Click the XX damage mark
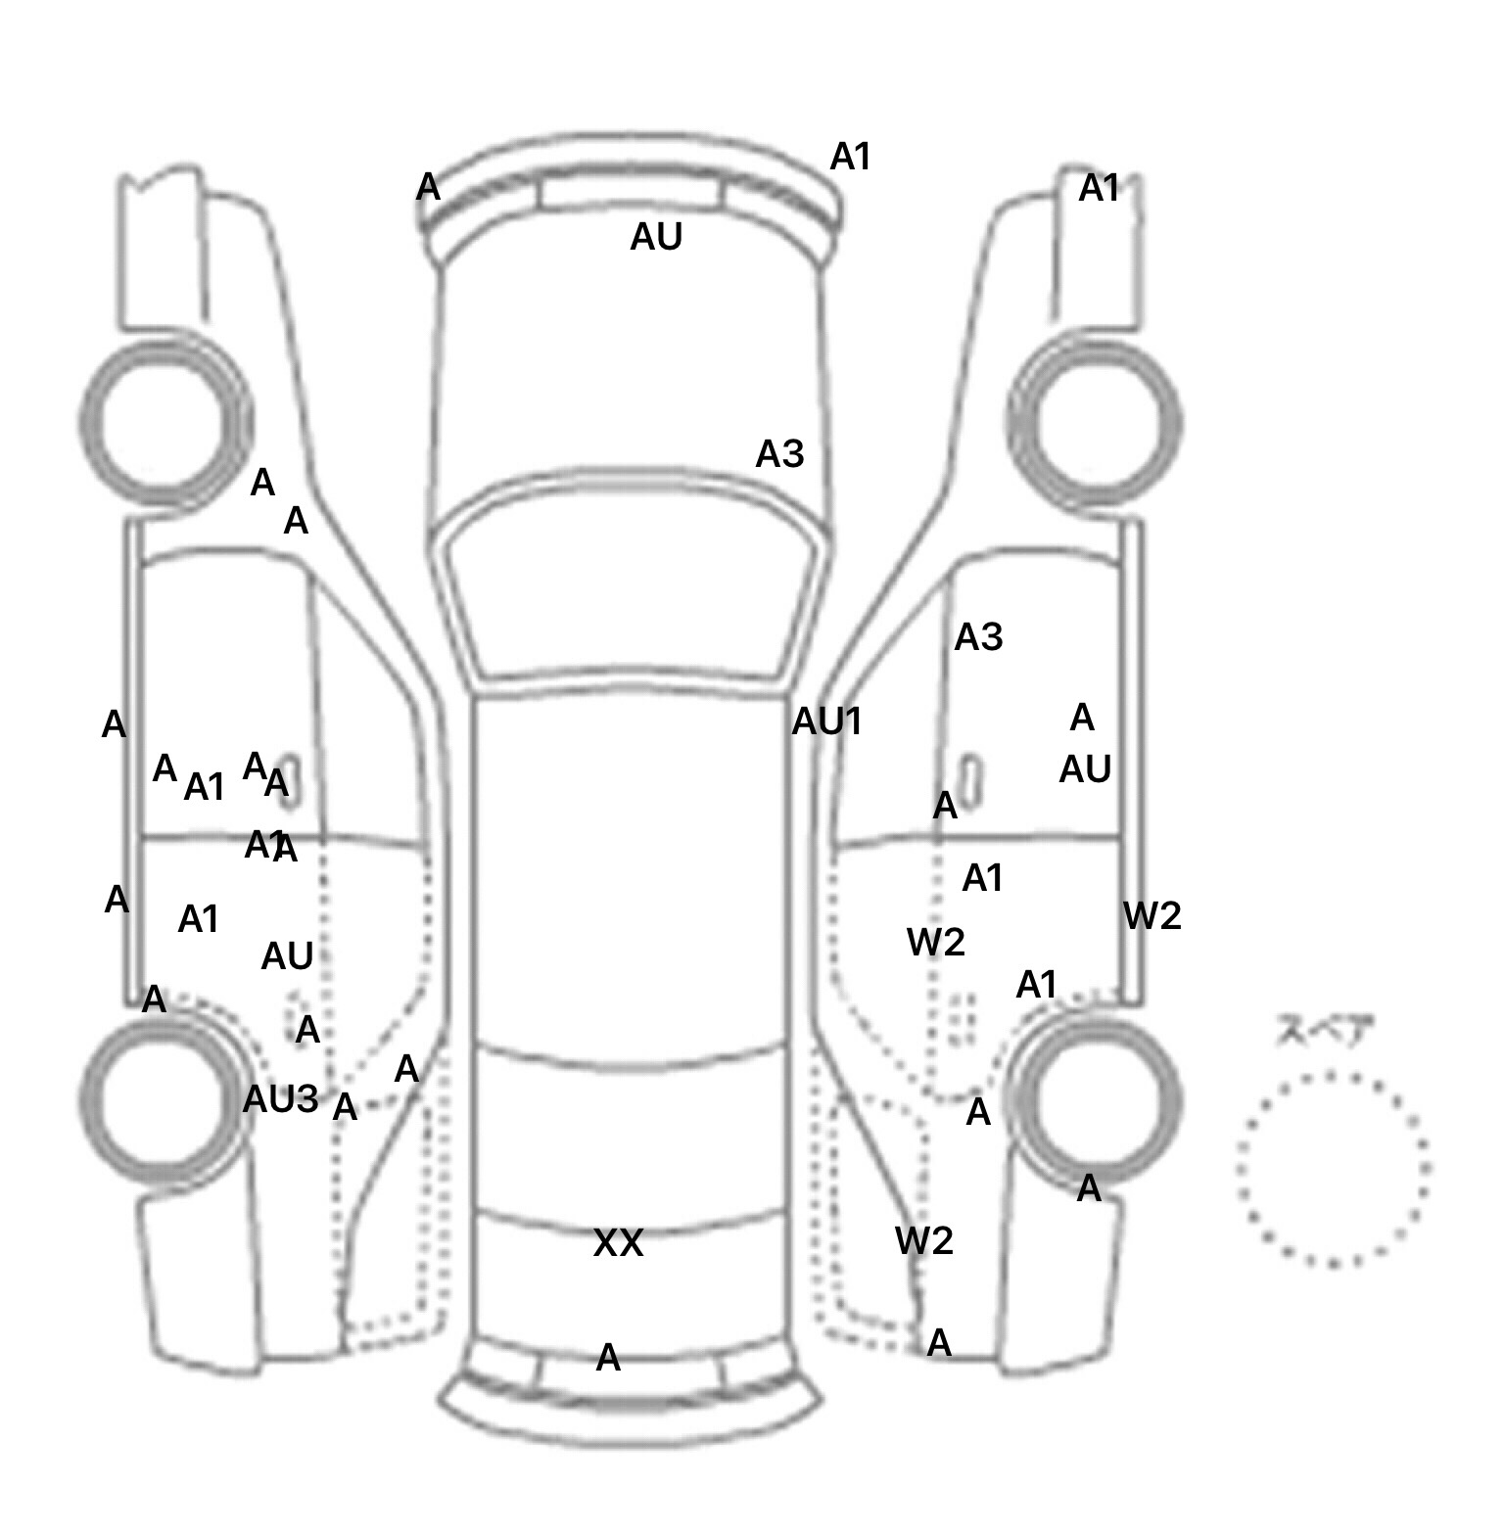618,1243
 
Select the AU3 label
280,1099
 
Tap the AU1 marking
826,721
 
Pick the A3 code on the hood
779,454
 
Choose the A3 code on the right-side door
978,637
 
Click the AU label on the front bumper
656,237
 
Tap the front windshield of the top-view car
633,587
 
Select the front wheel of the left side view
164,424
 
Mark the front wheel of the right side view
1096,424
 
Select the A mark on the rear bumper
608,1358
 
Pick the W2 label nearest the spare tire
1152,916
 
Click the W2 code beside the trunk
923,1241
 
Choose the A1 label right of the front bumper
850,157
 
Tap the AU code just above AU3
287,956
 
